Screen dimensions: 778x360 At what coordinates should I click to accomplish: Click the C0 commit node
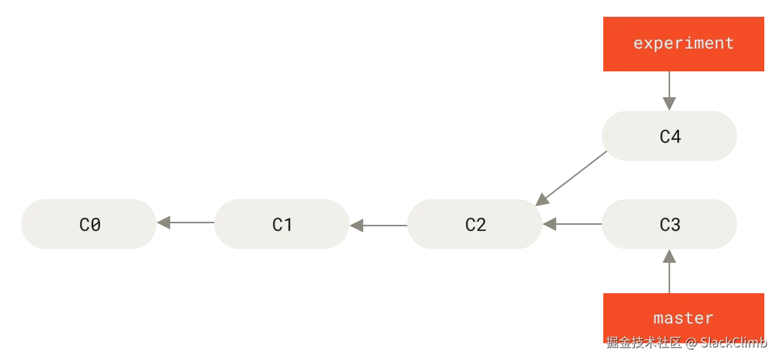tap(90, 224)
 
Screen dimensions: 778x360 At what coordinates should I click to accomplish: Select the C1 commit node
tap(283, 224)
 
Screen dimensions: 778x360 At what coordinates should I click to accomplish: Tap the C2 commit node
tap(475, 224)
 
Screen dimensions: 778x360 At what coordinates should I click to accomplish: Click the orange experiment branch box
tap(682, 44)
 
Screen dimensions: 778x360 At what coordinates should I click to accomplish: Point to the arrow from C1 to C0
tap(185, 223)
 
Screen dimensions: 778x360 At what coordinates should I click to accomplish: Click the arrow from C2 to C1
tap(378, 224)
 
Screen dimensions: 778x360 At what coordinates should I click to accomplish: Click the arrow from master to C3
tap(670, 271)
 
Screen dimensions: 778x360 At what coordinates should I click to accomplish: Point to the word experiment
tap(683, 43)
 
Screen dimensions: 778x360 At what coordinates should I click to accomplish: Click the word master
tap(683, 318)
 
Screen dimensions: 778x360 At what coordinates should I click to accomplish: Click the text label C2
tap(476, 224)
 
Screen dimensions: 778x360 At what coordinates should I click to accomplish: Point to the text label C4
tap(670, 136)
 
